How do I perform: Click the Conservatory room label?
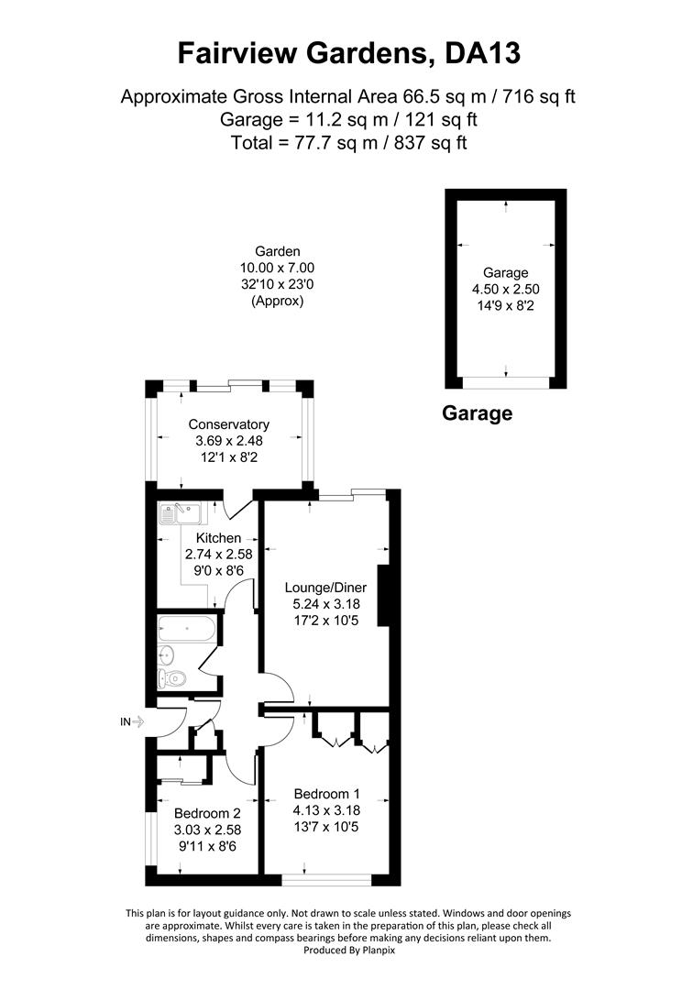(228, 424)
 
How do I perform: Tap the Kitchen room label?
(218, 538)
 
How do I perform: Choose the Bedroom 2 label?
(207, 813)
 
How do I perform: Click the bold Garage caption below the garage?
(477, 413)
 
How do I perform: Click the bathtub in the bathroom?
(186, 630)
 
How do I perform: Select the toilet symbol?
(172, 678)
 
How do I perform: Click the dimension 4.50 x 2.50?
(506, 289)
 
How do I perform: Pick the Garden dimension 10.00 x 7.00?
(277, 268)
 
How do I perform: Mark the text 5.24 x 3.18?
(322, 605)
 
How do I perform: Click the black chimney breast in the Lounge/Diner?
(384, 597)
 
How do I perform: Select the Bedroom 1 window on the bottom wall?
(326, 879)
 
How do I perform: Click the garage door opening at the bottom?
(506, 382)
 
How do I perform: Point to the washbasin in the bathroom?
(167, 654)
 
